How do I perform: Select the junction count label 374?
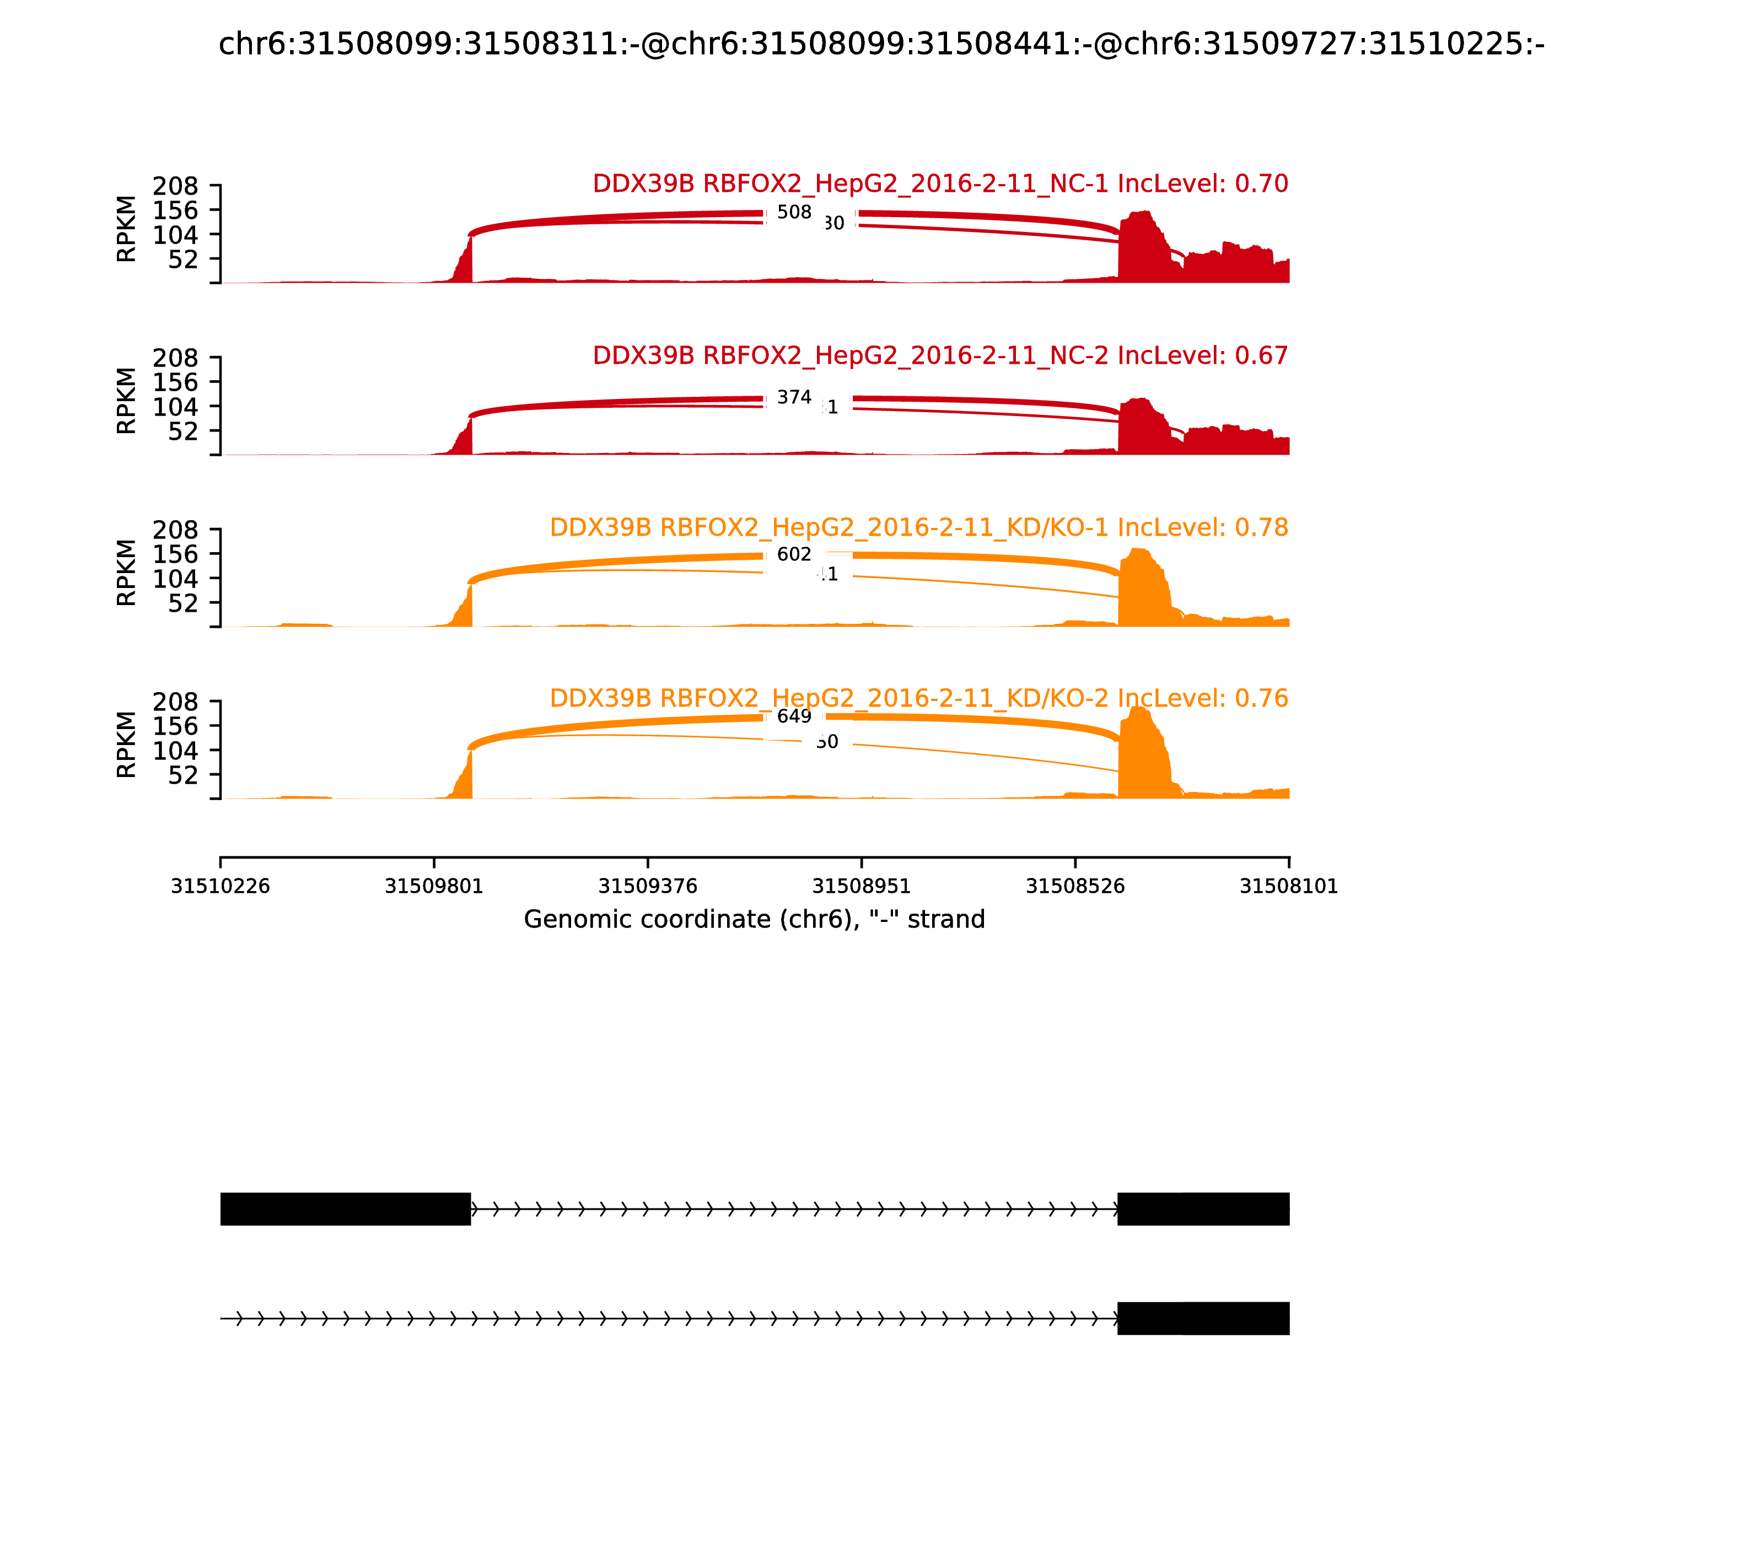[793, 397]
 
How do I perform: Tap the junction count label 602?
[793, 554]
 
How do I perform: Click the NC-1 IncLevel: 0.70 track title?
[940, 184]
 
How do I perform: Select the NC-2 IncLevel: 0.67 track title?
[940, 355]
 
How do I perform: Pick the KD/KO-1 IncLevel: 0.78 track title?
[918, 527]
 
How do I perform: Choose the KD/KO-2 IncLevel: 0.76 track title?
[918, 698]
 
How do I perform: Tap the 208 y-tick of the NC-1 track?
[176, 186]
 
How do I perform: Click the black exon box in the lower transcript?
[1202, 1318]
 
